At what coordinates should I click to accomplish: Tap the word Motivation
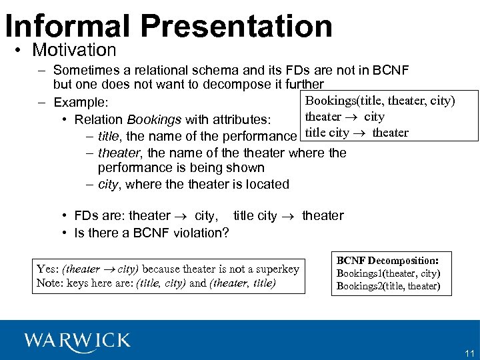(74, 50)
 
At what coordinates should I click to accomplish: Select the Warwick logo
(77, 341)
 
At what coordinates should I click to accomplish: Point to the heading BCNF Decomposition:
(387, 261)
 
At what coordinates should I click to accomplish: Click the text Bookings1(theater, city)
(388, 273)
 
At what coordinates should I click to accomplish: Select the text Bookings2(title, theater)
(388, 286)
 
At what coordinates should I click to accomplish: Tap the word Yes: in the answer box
(48, 269)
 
